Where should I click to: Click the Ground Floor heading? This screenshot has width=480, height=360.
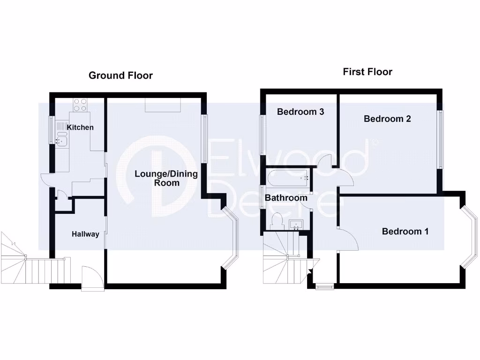120,75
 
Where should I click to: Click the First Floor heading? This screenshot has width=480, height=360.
367,72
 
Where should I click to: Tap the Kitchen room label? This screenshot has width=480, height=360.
80,127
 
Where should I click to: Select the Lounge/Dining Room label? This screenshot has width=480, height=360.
166,178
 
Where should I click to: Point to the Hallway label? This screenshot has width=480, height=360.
85,234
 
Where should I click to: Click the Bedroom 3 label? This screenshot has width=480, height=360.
300,112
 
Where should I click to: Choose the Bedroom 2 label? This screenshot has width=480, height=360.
387,119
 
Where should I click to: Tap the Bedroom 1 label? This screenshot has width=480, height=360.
405,232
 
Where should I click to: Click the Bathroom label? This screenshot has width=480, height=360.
286,198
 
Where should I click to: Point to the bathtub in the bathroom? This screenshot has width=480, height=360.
288,178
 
